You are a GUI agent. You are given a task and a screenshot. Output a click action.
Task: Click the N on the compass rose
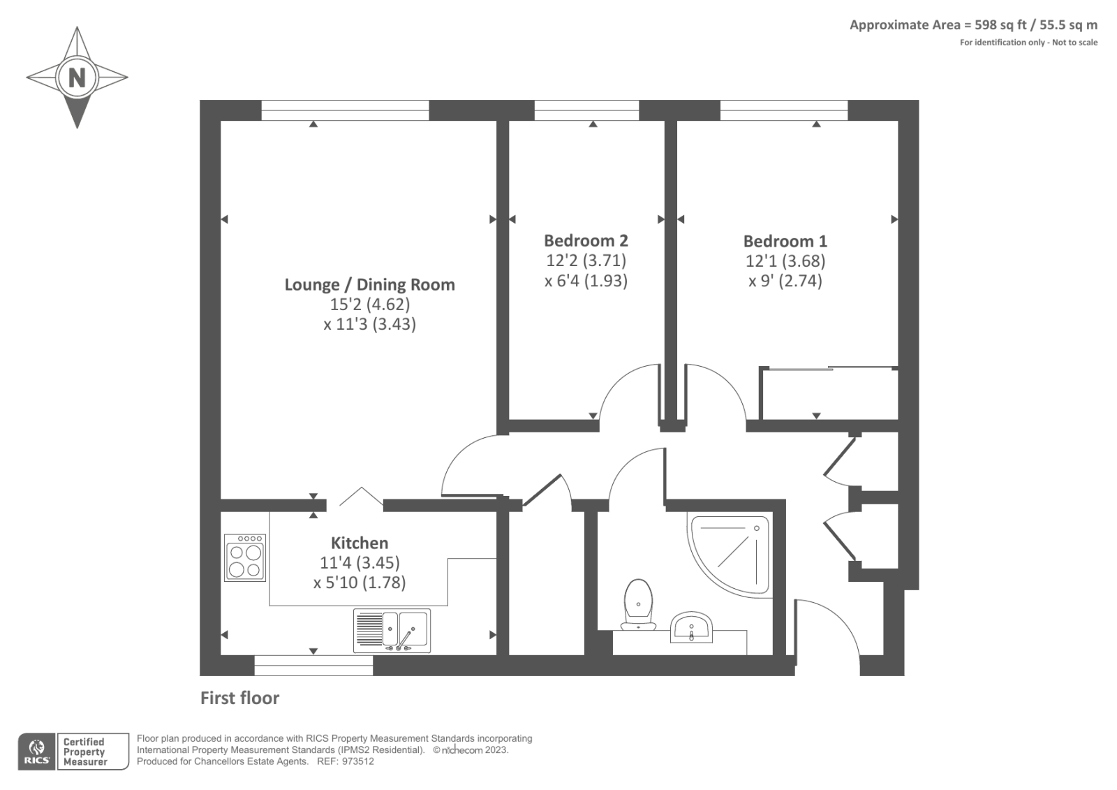pyautogui.click(x=77, y=77)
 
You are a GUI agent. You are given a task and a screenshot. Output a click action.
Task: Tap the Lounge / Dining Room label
pyautogui.click(x=369, y=284)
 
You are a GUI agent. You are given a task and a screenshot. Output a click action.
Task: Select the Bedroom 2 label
pyautogui.click(x=586, y=240)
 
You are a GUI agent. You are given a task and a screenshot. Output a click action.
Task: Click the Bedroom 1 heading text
pyautogui.click(x=785, y=241)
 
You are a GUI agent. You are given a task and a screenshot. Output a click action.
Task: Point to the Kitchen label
pyautogui.click(x=359, y=543)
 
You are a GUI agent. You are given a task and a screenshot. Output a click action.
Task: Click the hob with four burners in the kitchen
pyautogui.click(x=245, y=557)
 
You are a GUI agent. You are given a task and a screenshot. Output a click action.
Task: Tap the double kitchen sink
pyautogui.click(x=392, y=630)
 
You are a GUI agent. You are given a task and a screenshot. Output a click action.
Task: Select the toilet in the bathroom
pyautogui.click(x=639, y=604)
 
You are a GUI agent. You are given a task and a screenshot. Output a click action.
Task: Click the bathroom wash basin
pyautogui.click(x=691, y=627)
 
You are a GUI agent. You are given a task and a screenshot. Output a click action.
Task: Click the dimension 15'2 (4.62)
pyautogui.click(x=369, y=305)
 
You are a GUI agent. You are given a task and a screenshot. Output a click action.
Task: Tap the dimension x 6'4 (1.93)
pyautogui.click(x=586, y=281)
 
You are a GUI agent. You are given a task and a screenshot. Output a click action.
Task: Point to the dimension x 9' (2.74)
pyautogui.click(x=785, y=281)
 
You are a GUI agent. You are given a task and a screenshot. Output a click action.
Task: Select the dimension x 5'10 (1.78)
pyautogui.click(x=359, y=582)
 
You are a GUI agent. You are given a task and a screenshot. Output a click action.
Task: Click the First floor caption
pyautogui.click(x=239, y=698)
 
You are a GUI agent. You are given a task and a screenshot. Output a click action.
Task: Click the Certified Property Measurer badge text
pyautogui.click(x=84, y=752)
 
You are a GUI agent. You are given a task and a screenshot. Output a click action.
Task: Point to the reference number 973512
pyautogui.click(x=357, y=761)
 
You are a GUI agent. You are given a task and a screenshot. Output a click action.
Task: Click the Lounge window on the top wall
pyautogui.click(x=345, y=105)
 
